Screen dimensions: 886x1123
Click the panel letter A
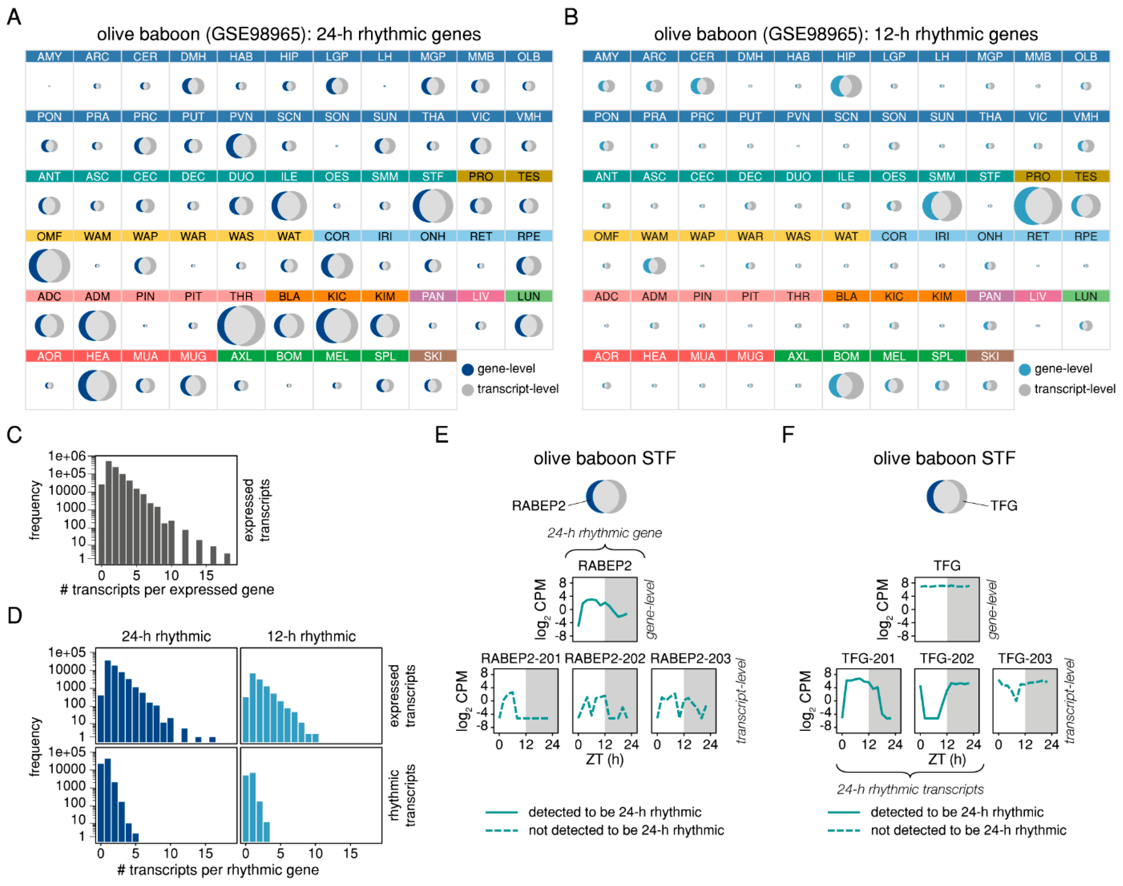pos(14,17)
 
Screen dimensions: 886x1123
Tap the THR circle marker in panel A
pos(241,326)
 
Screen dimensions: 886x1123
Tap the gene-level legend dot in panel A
pos(468,369)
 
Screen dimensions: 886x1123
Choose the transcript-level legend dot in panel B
pos(1024,390)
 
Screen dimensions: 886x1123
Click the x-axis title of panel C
pos(167,590)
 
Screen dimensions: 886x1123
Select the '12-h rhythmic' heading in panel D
pos(311,637)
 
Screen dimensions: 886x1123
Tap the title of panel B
pos(846,34)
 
